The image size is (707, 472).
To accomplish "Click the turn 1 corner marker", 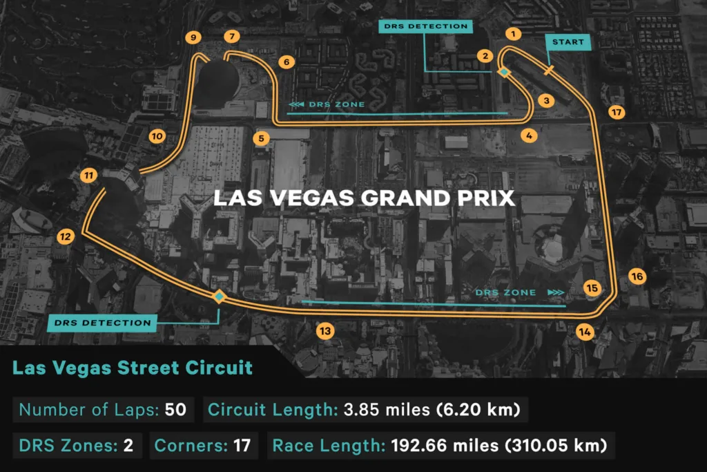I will [513, 32].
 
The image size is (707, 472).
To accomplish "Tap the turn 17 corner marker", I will [617, 112].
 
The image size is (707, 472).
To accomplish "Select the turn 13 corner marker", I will [325, 331].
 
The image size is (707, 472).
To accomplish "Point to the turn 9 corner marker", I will [193, 37].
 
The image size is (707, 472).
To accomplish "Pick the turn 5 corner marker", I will [261, 138].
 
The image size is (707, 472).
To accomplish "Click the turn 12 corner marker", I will [65, 237].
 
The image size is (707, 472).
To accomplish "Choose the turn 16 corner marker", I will [637, 276].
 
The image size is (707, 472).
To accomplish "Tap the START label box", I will [568, 42].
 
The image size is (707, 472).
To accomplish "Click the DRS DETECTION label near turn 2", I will [425, 27].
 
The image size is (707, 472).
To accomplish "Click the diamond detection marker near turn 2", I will [504, 72].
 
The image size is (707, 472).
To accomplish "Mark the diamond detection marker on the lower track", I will [219, 296].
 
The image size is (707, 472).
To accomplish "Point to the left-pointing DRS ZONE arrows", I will [296, 104].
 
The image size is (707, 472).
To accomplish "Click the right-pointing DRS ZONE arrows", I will [555, 292].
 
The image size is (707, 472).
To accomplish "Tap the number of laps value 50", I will [175, 409].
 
